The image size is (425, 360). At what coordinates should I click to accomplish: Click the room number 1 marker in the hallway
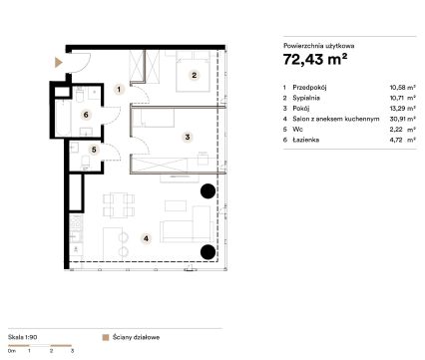tap(119, 89)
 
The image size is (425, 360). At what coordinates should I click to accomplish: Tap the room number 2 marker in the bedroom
tap(195, 75)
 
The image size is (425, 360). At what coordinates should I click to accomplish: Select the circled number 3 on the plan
tap(188, 137)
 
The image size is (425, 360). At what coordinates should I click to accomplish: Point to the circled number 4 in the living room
tap(146, 238)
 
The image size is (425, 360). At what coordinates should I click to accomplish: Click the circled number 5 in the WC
tap(94, 150)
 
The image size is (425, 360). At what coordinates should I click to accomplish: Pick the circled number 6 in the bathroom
tap(86, 115)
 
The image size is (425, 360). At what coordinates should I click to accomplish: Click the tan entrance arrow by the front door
tap(59, 62)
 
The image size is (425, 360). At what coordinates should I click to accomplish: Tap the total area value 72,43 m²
tap(315, 59)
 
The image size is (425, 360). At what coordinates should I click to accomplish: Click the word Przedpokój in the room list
tap(309, 88)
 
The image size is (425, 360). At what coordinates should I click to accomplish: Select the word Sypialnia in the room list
tap(306, 98)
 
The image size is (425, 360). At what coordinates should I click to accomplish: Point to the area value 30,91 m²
tap(402, 119)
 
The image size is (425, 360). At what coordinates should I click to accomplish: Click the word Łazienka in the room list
tap(305, 140)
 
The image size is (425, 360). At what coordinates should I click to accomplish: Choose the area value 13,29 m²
tap(402, 109)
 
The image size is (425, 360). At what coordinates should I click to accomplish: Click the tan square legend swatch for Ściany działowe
tap(106, 338)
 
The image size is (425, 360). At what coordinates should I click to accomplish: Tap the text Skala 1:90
tap(23, 337)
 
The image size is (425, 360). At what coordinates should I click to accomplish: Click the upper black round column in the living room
tap(208, 190)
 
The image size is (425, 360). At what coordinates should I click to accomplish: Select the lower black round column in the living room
tap(208, 251)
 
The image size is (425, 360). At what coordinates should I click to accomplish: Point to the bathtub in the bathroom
tap(63, 118)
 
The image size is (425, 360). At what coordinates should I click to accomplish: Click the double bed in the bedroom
tap(193, 72)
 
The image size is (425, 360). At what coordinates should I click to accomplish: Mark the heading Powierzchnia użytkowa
tap(318, 46)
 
